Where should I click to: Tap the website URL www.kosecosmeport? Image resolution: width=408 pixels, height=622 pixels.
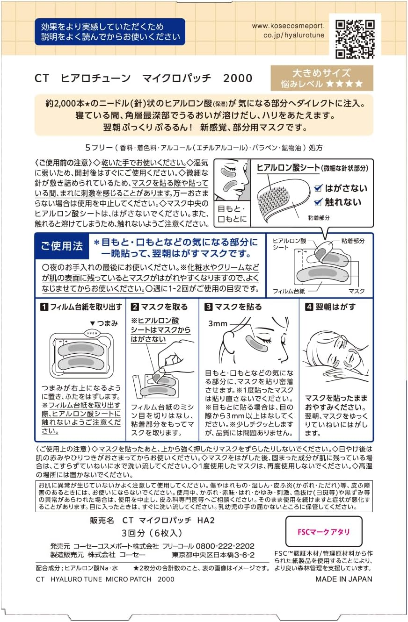288,26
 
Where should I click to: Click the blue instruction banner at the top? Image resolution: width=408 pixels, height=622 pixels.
109,32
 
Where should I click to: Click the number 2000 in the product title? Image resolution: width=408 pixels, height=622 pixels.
238,79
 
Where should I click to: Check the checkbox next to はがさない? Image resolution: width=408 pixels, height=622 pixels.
318,188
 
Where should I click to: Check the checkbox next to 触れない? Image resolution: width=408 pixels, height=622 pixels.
318,202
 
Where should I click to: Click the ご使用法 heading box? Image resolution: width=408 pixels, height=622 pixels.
62,246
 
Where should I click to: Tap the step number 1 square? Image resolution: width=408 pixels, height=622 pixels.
44,307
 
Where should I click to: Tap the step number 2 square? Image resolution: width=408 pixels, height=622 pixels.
135,307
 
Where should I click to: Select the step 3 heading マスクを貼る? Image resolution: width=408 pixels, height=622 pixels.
238,307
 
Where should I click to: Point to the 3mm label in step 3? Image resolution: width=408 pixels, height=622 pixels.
217,323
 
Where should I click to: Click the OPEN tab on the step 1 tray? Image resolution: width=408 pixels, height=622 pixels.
90,333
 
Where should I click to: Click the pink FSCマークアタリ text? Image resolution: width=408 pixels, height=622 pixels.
323,532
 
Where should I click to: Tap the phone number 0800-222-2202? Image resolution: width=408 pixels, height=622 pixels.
225,546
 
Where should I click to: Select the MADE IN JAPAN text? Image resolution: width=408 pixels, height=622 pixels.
344,579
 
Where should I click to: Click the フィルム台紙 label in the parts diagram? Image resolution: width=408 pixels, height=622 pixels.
289,291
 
